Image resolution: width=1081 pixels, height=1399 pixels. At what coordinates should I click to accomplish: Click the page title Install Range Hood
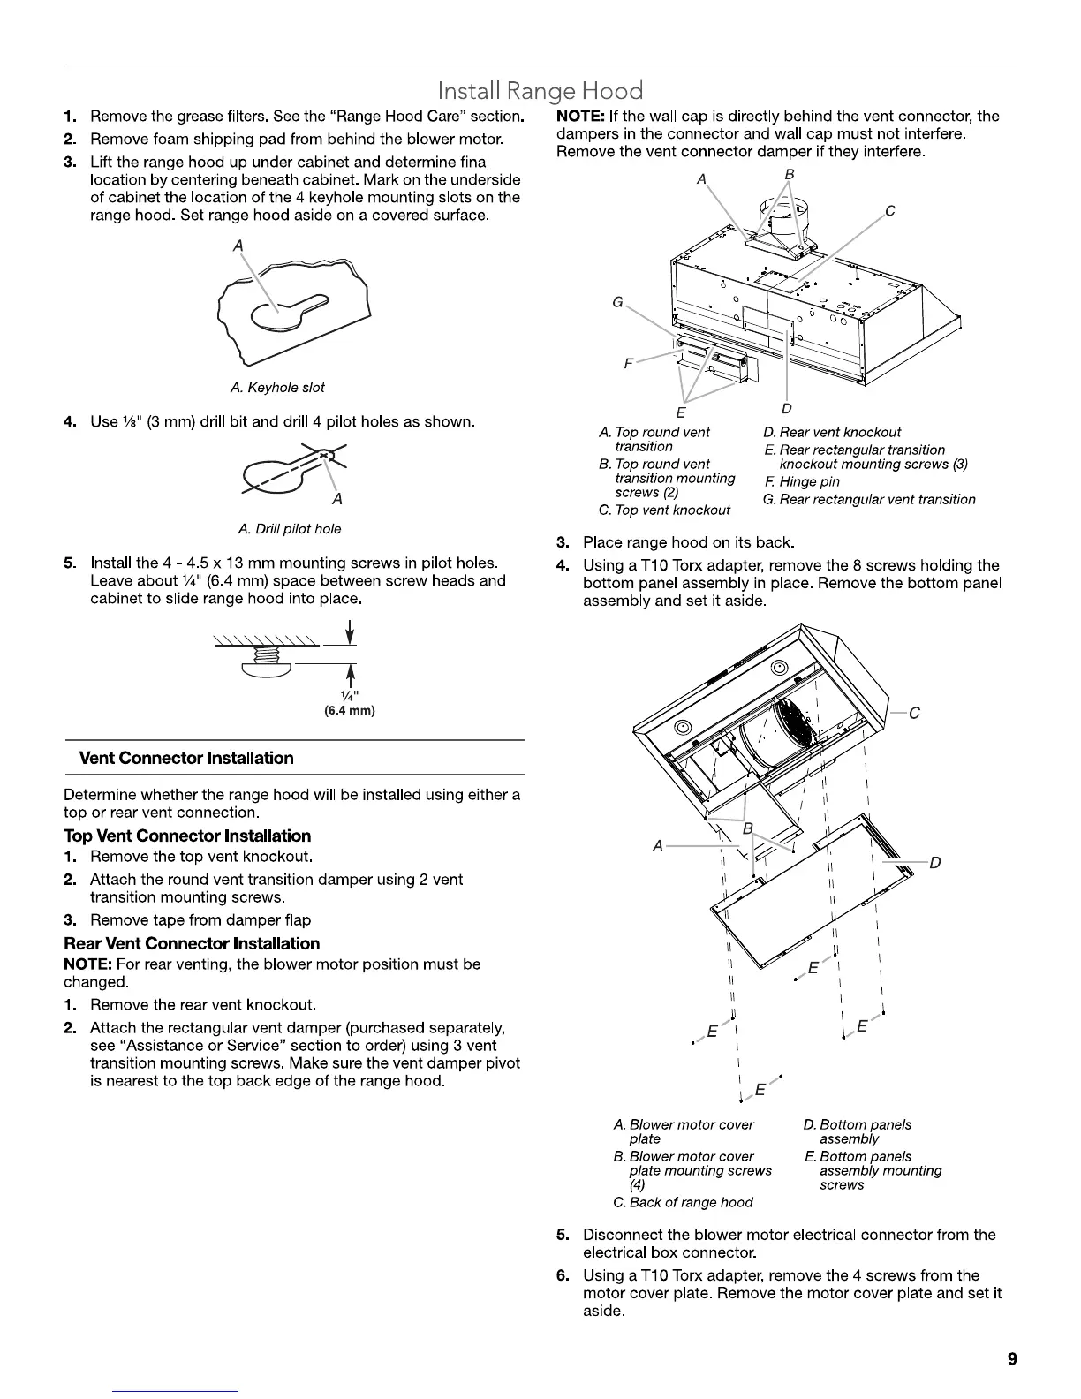click(540, 91)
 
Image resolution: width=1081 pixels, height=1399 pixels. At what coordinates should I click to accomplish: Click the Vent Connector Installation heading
click(186, 758)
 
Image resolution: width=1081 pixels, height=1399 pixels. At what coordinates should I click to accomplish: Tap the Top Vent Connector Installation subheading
click(187, 836)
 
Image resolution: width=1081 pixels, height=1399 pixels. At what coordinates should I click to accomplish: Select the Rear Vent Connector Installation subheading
click(192, 943)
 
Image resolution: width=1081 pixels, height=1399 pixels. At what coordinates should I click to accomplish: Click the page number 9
click(1011, 1359)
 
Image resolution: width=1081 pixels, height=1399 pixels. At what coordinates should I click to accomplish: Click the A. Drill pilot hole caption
click(290, 529)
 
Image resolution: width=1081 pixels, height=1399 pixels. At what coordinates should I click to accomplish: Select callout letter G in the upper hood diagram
click(617, 303)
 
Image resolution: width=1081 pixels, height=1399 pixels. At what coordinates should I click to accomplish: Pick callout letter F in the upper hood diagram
click(629, 363)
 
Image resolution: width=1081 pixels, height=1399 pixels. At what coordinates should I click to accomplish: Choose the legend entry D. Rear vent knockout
click(832, 432)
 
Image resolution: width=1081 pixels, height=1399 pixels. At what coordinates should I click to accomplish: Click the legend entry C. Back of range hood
click(683, 1202)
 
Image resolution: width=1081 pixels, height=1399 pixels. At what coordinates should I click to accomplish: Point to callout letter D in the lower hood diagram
click(935, 862)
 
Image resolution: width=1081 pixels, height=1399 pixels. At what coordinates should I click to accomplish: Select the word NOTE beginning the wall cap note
click(579, 116)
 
